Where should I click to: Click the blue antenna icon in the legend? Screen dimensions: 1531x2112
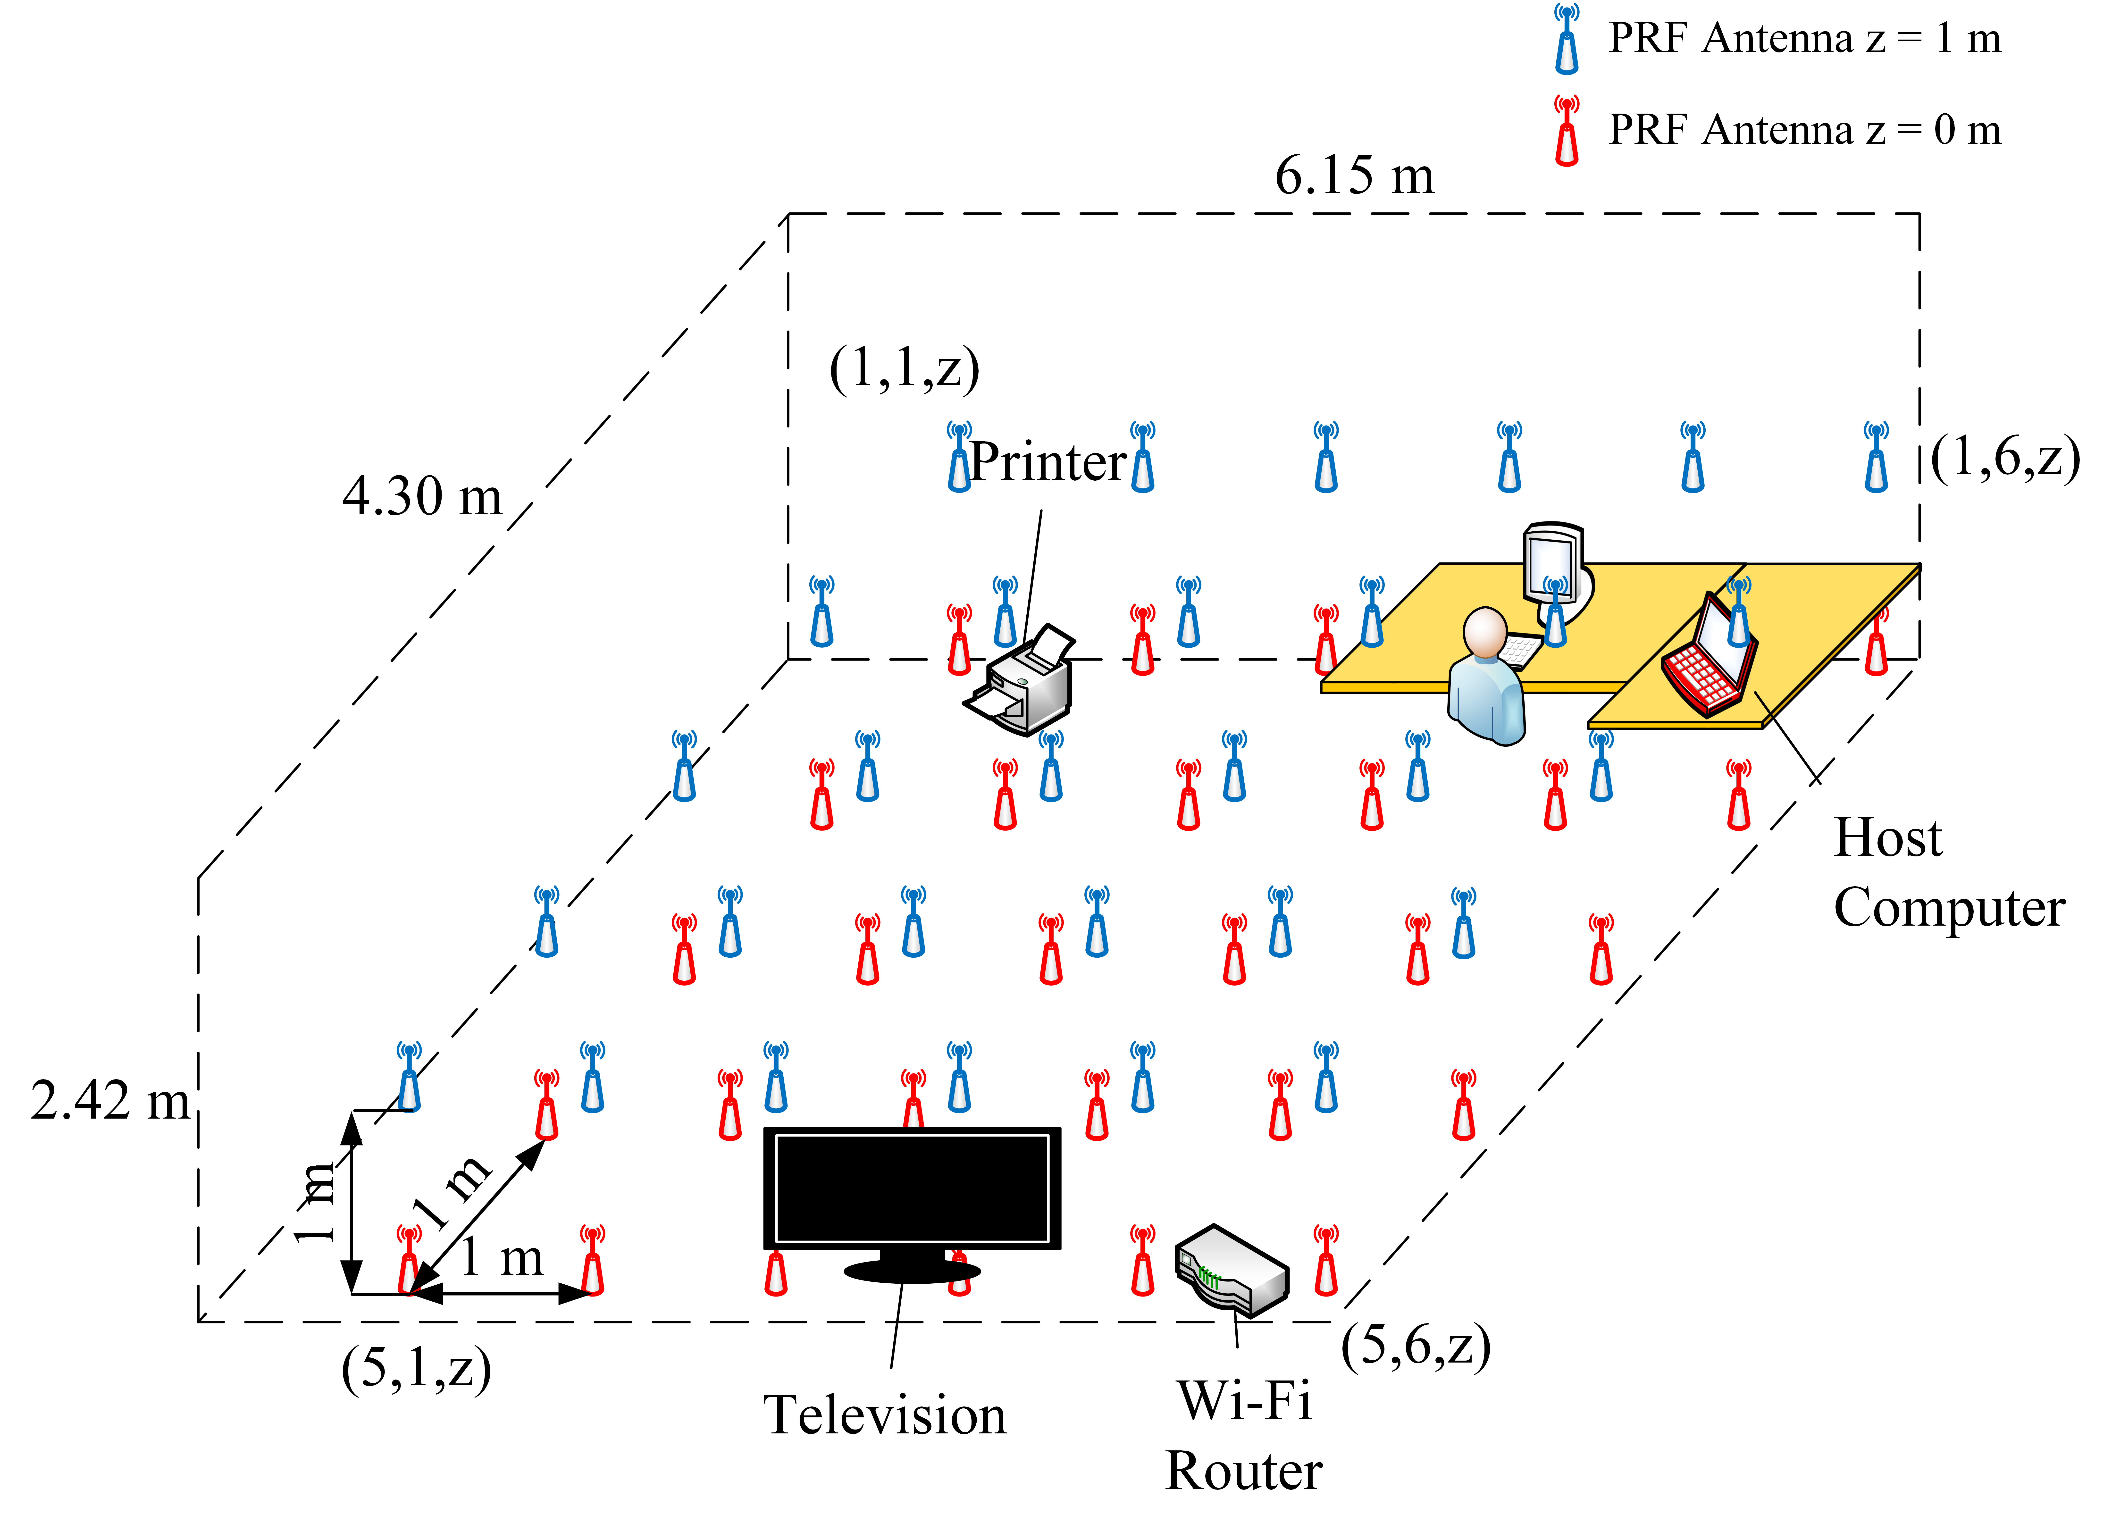(1566, 39)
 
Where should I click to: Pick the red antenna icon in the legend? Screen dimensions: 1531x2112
(1566, 130)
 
